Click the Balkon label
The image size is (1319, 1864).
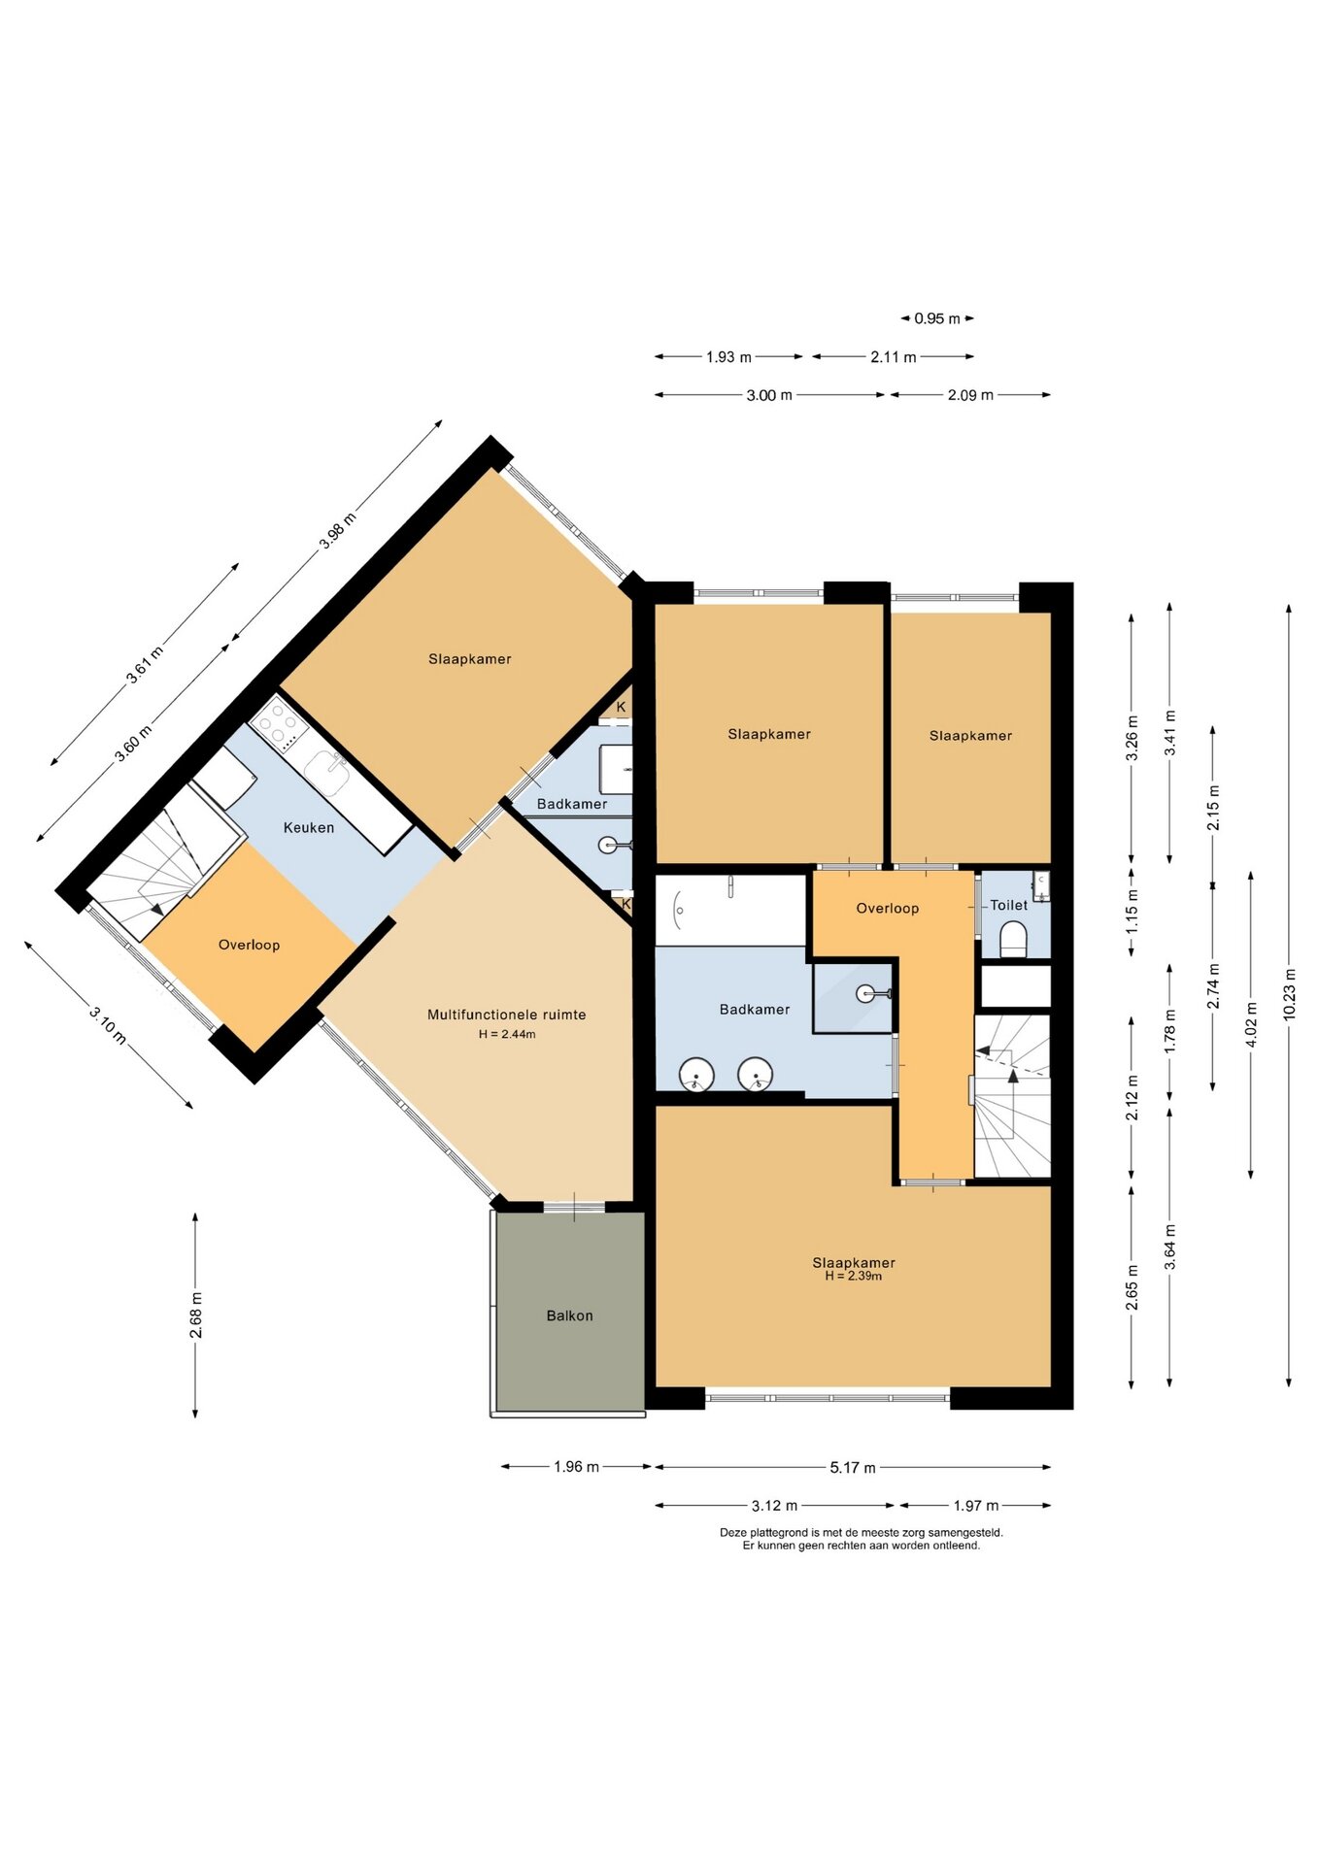569,1315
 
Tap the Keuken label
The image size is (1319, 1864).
309,827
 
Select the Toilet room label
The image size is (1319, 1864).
1008,905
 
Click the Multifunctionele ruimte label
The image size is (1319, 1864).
507,1015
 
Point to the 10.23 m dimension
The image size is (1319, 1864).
1290,994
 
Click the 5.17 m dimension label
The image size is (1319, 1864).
853,1467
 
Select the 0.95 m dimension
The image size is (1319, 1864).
937,318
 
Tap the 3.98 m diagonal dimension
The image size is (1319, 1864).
338,531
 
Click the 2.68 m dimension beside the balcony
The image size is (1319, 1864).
196,1315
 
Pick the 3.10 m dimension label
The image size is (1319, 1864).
108,1026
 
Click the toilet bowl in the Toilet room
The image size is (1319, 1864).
1013,940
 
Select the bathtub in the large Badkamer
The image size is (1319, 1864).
730,910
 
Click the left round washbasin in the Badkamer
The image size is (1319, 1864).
696,1076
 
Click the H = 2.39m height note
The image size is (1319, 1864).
854,1276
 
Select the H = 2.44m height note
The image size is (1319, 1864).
507,1034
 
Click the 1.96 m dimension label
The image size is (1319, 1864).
576,1467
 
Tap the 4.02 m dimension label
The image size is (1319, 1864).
1252,1024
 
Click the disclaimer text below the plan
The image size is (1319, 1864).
862,1539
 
